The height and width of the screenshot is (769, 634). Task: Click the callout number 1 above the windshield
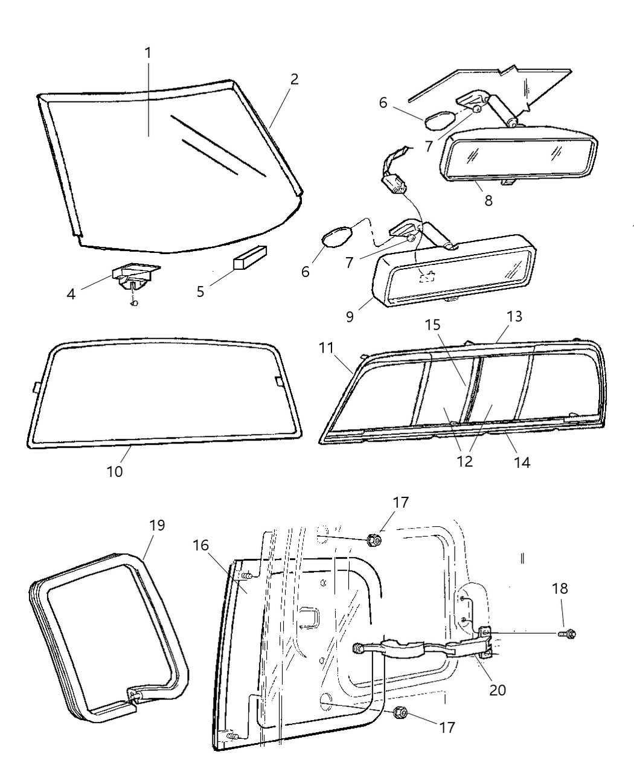[x=148, y=53]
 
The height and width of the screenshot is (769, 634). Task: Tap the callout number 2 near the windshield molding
[x=294, y=79]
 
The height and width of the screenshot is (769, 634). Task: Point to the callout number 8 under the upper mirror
[x=488, y=200]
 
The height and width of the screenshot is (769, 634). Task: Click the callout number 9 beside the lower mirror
[x=350, y=316]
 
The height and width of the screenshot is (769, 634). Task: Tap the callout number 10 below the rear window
[x=115, y=471]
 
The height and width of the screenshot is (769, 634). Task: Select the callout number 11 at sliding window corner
[x=327, y=348]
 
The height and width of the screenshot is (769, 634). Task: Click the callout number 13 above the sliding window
[x=514, y=316]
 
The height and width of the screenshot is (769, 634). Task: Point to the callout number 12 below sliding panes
[x=465, y=462]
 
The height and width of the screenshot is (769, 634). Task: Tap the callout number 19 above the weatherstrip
[x=156, y=525]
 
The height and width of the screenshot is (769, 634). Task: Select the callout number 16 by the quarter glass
[x=201, y=546]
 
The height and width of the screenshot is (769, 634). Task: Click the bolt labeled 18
[x=568, y=634]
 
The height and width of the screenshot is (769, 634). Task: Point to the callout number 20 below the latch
[x=498, y=690]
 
